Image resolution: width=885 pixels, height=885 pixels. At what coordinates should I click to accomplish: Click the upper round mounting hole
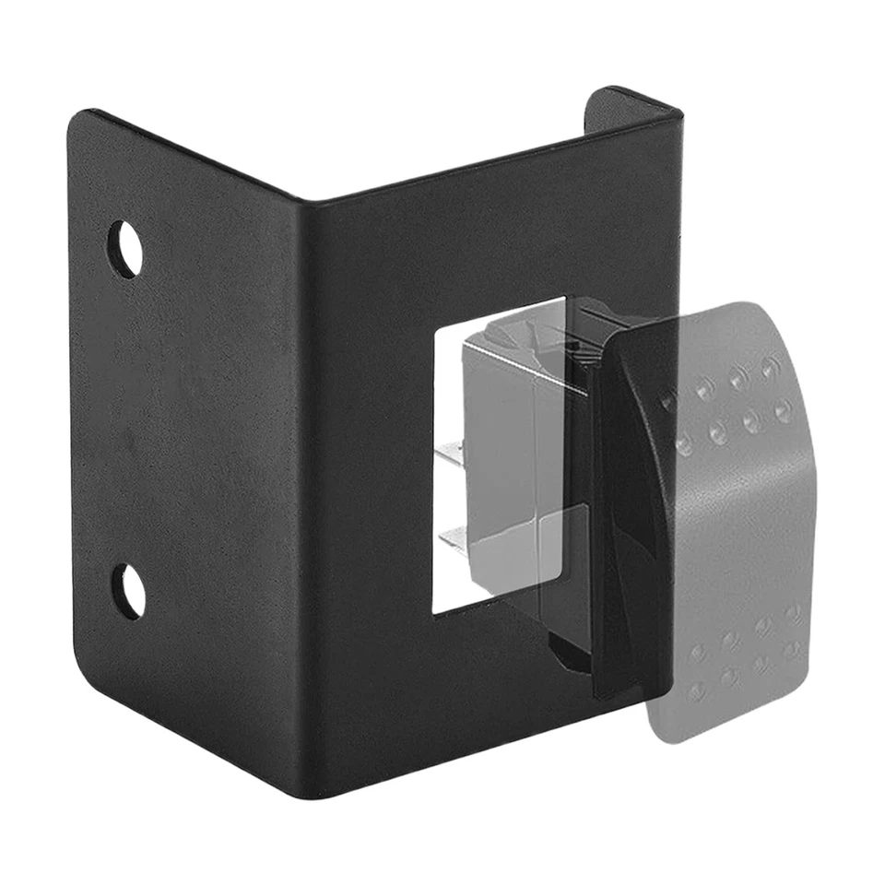tap(125, 249)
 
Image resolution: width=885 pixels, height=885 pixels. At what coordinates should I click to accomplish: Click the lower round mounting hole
tap(128, 591)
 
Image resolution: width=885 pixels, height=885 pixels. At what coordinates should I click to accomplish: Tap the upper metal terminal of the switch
tap(449, 452)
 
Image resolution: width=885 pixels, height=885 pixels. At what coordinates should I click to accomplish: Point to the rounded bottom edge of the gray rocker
tap(701, 733)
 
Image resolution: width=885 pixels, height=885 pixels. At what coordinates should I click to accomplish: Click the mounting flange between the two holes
tap(129, 419)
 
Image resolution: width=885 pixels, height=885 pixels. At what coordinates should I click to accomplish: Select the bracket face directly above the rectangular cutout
tap(498, 249)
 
